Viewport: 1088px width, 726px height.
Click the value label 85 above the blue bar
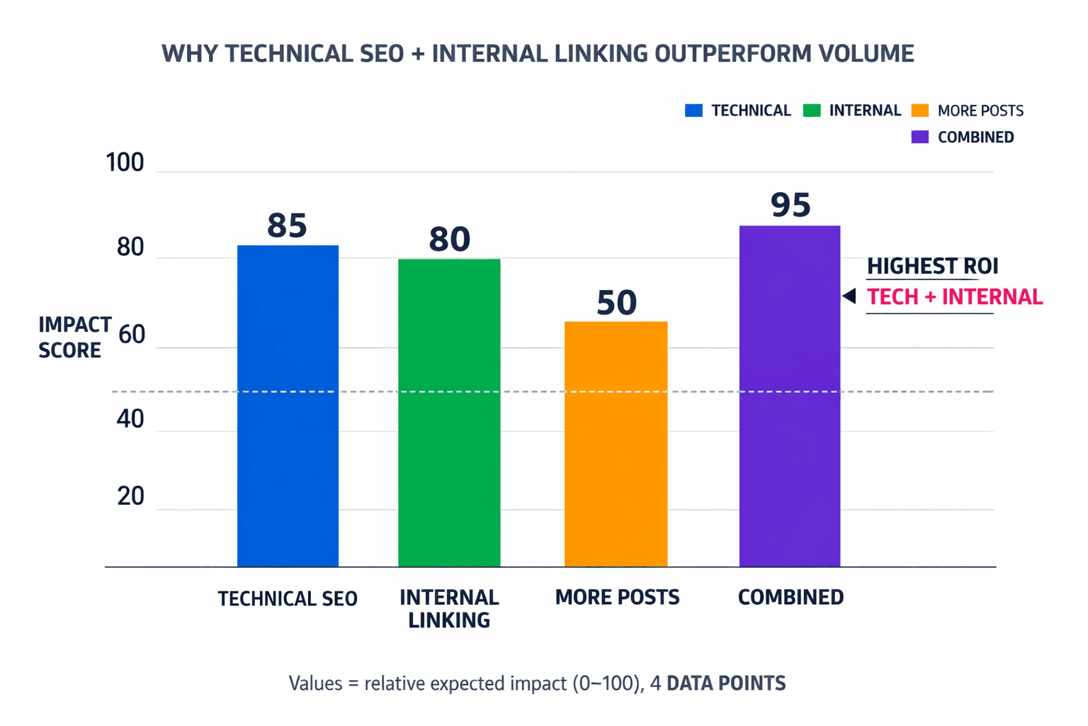[287, 225]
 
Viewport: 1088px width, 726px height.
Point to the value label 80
[449, 239]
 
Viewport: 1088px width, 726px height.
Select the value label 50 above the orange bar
[616, 302]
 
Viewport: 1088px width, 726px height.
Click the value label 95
[790, 205]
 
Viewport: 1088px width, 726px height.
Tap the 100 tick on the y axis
[125, 162]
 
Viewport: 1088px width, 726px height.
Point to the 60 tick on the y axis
[131, 335]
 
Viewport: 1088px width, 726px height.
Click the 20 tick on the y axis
[131, 496]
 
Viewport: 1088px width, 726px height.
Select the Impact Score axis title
[74, 337]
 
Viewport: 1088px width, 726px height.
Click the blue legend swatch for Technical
[693, 111]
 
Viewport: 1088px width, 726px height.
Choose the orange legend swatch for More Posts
[919, 111]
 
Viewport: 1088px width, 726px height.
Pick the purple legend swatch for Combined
[919, 137]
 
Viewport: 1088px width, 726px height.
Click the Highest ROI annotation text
[932, 266]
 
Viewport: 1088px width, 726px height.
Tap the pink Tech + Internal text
[954, 297]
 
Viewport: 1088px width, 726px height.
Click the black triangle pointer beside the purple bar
[849, 296]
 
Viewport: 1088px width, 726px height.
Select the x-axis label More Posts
[617, 597]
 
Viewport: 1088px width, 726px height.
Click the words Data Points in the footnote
[726, 683]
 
